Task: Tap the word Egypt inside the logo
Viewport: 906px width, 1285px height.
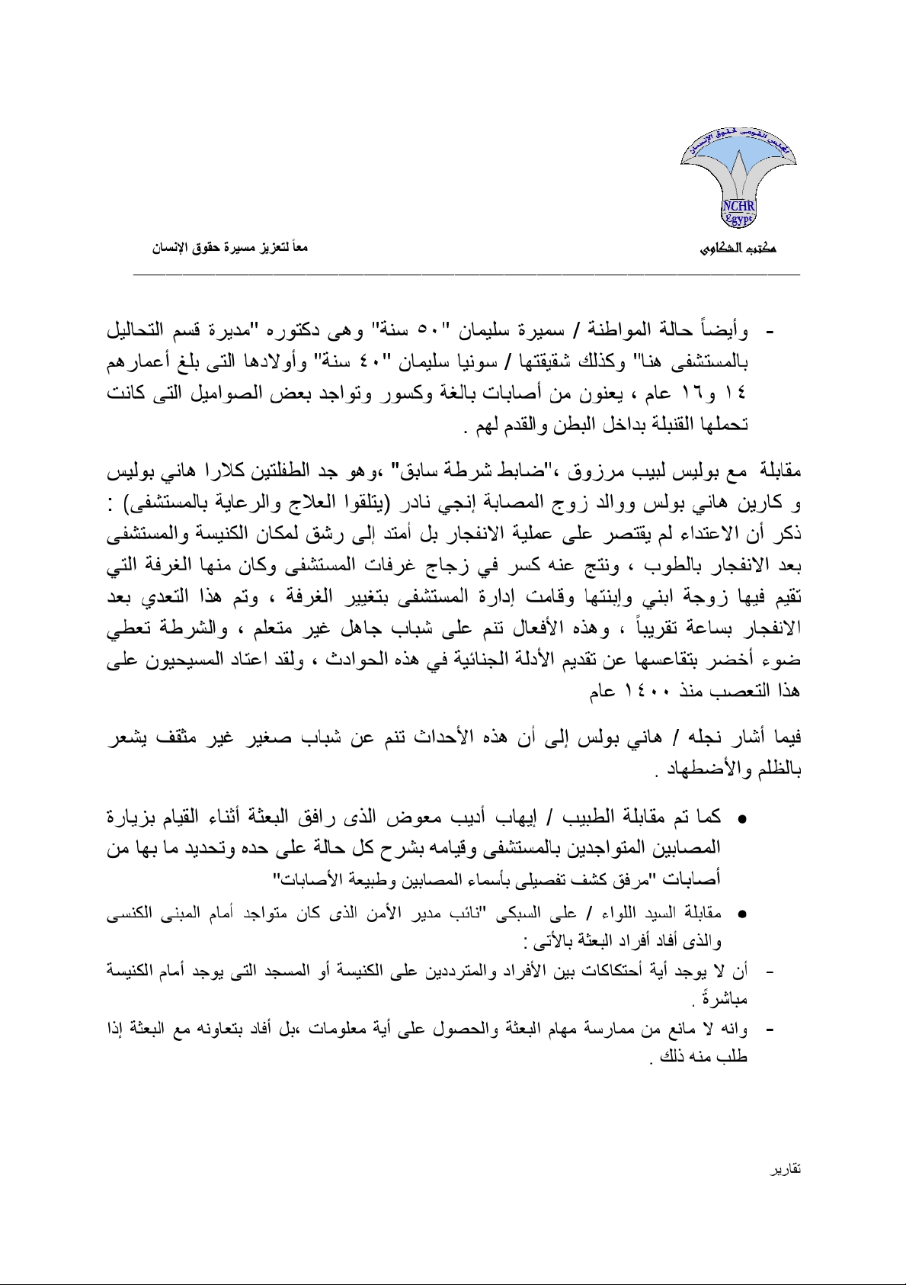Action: pos(738,220)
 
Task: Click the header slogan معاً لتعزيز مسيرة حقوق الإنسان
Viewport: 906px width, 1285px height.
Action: pos(230,248)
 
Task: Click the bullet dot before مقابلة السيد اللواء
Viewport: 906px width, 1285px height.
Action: pos(740,913)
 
